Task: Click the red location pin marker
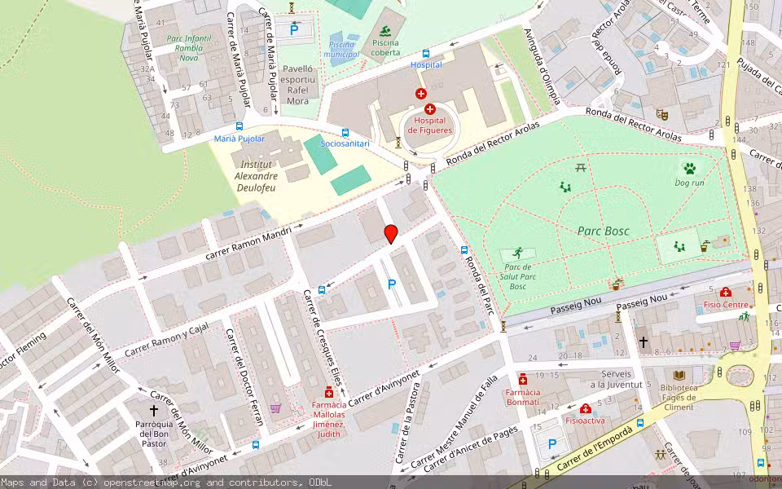coord(391,234)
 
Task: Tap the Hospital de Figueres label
coord(429,125)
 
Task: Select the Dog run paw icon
coord(689,169)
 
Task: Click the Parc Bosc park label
coord(600,231)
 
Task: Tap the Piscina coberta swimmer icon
coord(384,33)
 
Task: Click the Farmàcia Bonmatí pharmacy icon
coord(523,380)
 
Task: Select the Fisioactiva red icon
coord(585,408)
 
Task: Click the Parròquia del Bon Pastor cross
coord(153,411)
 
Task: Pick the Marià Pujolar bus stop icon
coord(239,126)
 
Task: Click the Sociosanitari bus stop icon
coord(345,132)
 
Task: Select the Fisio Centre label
coord(725,305)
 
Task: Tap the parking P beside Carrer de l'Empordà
coord(552,444)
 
